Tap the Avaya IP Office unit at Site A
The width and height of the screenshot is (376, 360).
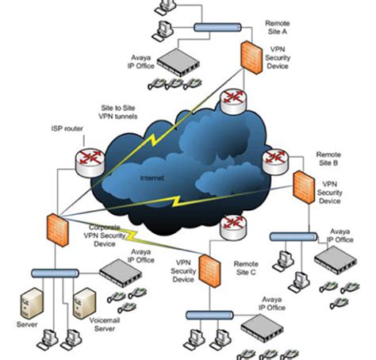[179, 62]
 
